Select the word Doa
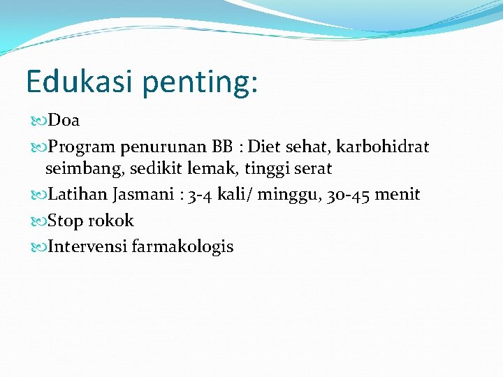65,121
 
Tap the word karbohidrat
383,147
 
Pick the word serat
313,168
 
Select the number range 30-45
347,194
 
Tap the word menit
398,194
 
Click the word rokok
110,221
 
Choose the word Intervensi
86,246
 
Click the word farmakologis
182,247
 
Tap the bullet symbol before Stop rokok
39,221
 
